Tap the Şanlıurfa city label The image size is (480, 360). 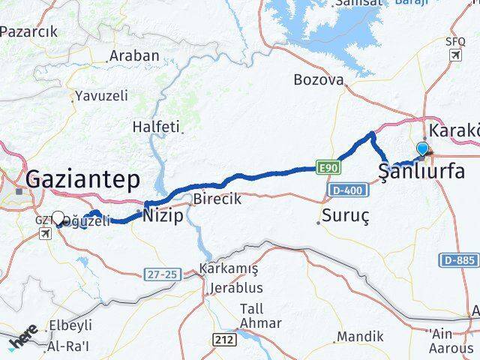[x=421, y=172]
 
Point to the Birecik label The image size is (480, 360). [x=217, y=199]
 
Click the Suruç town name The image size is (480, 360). [x=345, y=217]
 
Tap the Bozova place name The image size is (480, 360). [x=319, y=79]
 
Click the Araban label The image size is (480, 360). [x=134, y=55]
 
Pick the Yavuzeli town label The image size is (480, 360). [x=101, y=95]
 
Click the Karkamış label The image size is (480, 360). [x=229, y=269]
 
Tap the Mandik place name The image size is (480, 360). [x=360, y=337]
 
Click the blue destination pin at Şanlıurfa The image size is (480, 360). [x=423, y=150]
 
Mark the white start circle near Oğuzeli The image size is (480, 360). [x=58, y=218]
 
